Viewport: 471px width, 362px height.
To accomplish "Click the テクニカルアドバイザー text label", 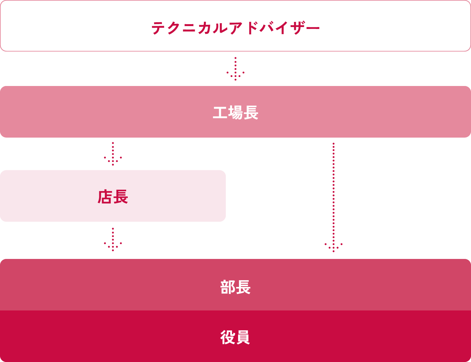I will pos(235,28).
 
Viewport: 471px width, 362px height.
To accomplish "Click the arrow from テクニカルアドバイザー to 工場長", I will pos(235,69).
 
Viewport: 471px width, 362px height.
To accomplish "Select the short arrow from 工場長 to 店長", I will pos(113,154).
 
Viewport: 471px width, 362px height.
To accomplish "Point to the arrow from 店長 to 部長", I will pos(113,239).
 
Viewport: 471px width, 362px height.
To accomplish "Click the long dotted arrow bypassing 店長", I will pos(334,193).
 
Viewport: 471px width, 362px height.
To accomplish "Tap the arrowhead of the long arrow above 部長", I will pos(334,247).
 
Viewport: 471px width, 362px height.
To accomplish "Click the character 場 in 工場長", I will pos(235,113).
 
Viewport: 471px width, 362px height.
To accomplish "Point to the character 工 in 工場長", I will pos(220,113).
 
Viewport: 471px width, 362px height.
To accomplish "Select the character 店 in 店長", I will pos(105,197).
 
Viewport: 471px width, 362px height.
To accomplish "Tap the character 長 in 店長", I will pos(121,197).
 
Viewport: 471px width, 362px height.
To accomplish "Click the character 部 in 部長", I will pos(227,287).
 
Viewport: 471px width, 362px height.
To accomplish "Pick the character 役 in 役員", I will pos(227,337).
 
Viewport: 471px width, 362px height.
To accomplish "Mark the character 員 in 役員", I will pos(243,337).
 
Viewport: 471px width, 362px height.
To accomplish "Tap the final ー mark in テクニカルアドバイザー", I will pos(312,28).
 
